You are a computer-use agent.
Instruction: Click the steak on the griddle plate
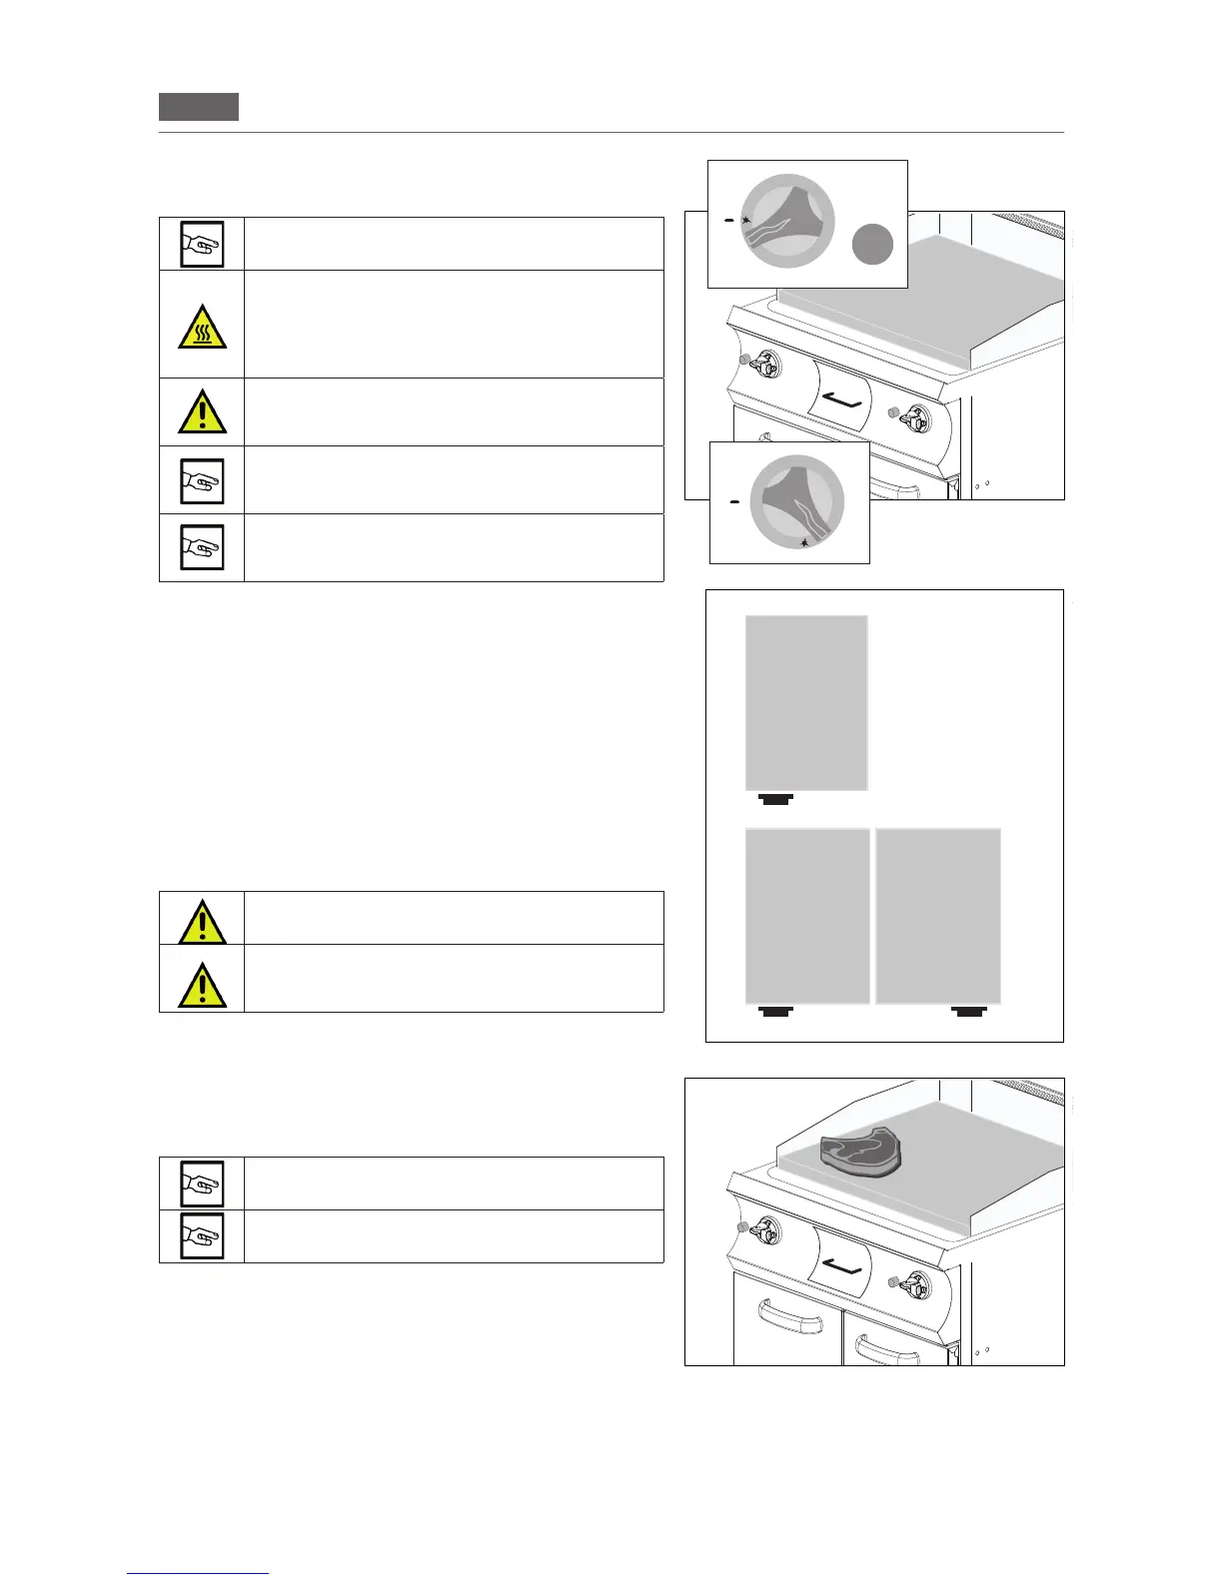pyautogui.click(x=866, y=1156)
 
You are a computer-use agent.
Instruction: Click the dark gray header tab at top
pyautogui.click(x=199, y=106)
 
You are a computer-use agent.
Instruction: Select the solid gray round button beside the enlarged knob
pyautogui.click(x=872, y=245)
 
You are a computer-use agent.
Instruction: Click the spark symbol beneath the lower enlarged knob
pyautogui.click(x=805, y=542)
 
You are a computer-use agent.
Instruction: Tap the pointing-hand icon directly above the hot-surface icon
pyautogui.click(x=202, y=244)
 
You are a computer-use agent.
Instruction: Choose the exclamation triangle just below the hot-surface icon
pyautogui.click(x=202, y=411)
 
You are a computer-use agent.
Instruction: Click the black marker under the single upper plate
pyautogui.click(x=775, y=798)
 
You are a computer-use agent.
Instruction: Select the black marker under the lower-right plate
pyautogui.click(x=970, y=1012)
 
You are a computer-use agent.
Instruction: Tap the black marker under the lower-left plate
pyautogui.click(x=775, y=1012)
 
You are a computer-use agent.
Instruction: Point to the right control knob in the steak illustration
pyautogui.click(x=914, y=1283)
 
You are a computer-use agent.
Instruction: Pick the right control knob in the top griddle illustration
pyautogui.click(x=914, y=416)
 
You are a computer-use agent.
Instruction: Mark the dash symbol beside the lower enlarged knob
pyautogui.click(x=734, y=502)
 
